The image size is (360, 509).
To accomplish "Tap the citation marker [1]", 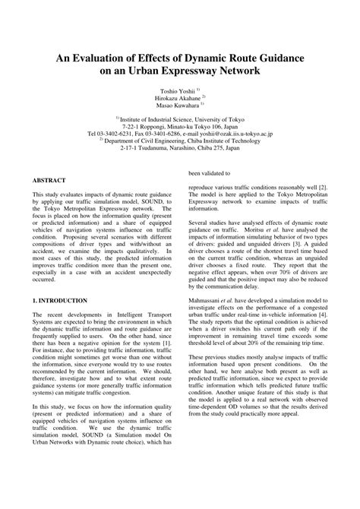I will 168,343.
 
